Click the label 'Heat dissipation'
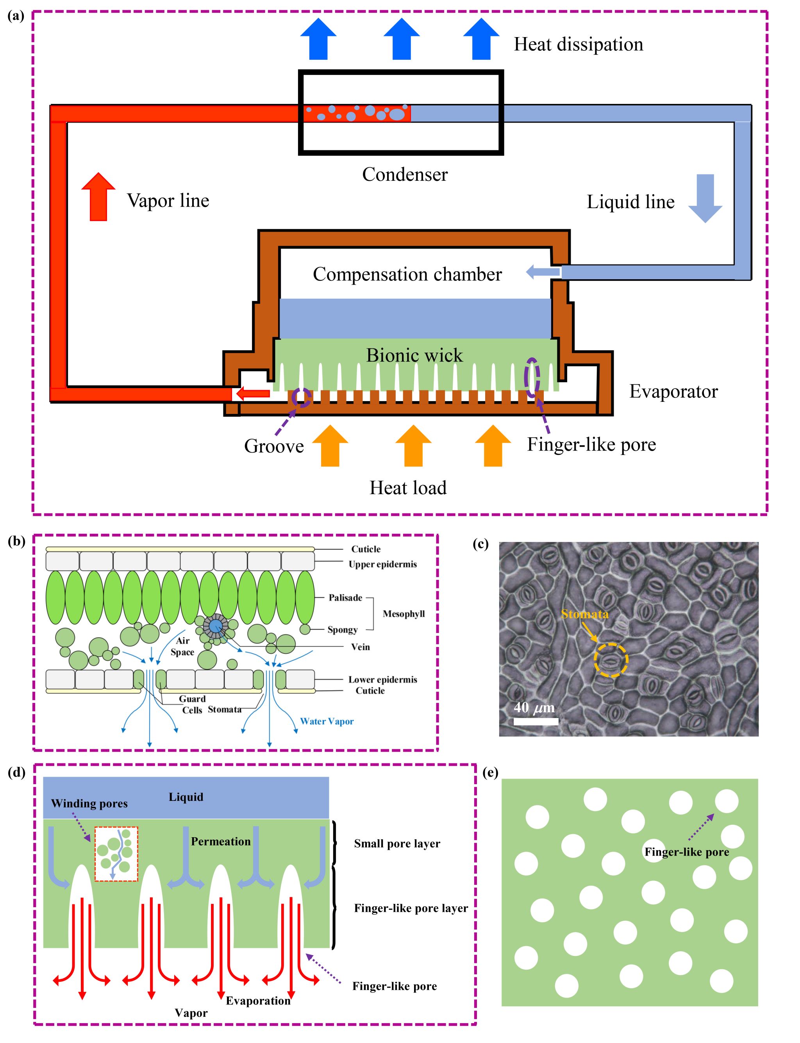tap(578, 44)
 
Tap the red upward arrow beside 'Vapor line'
tap(98, 196)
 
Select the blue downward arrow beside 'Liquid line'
tap(705, 198)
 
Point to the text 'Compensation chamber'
tap(407, 274)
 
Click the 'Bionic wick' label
tap(414, 355)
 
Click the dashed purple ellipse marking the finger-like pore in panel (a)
tap(532, 378)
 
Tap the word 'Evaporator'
tap(673, 391)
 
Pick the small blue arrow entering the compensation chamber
tap(543, 272)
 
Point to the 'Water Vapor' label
tap(327, 721)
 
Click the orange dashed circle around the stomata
tap(611, 660)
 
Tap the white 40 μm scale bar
tap(536, 721)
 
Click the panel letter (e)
tap(491, 772)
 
